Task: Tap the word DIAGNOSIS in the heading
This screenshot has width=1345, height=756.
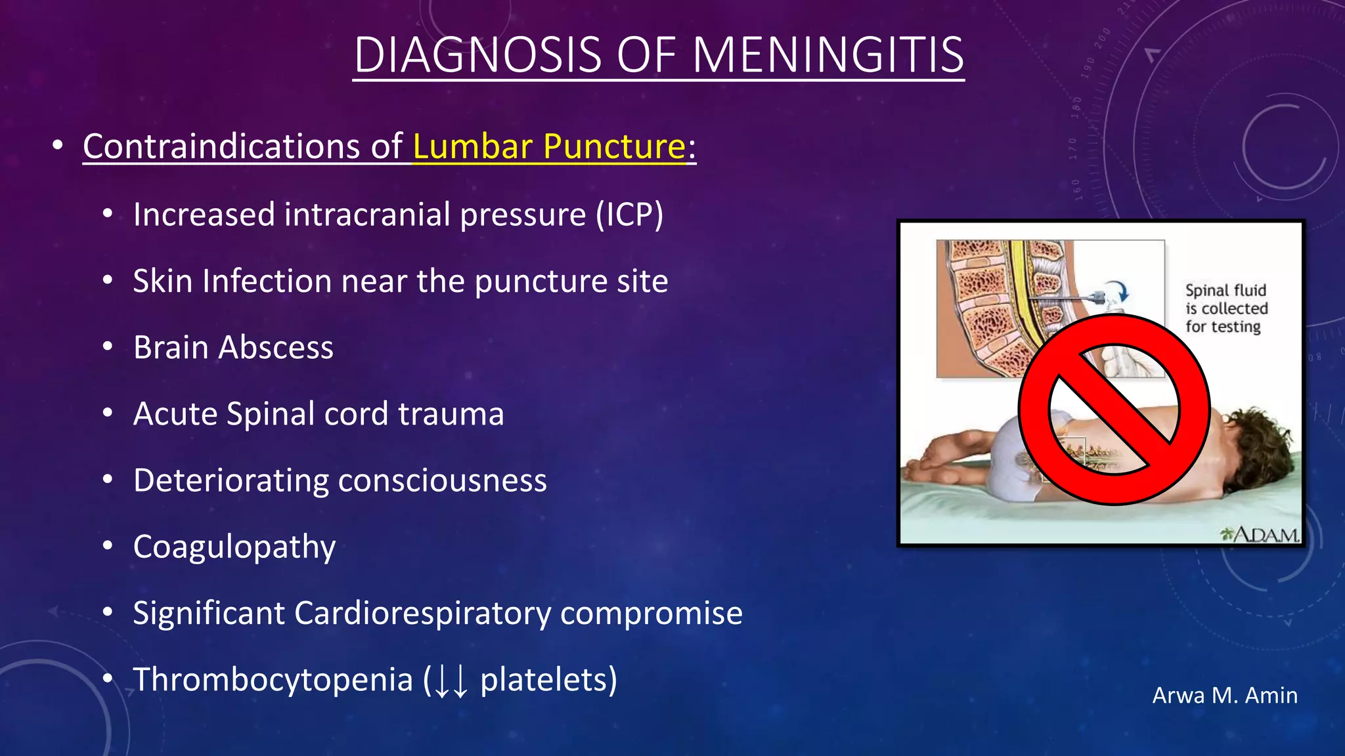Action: point(477,55)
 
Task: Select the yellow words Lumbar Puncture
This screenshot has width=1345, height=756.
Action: point(549,146)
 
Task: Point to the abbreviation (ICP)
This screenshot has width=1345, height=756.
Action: point(629,215)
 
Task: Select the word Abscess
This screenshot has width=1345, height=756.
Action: point(276,347)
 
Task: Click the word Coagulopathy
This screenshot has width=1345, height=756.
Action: point(234,547)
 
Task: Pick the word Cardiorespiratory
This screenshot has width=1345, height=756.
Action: point(422,614)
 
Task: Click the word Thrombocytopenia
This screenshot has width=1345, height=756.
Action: point(273,680)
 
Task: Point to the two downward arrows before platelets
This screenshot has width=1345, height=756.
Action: point(451,681)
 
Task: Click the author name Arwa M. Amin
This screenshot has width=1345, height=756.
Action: point(1224,696)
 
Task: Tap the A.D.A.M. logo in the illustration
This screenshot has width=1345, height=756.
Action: point(1260,535)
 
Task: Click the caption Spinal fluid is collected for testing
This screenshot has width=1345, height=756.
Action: point(1225,308)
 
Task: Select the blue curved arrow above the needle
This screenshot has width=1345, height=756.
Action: point(1121,291)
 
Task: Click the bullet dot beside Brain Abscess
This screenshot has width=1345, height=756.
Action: point(108,346)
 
